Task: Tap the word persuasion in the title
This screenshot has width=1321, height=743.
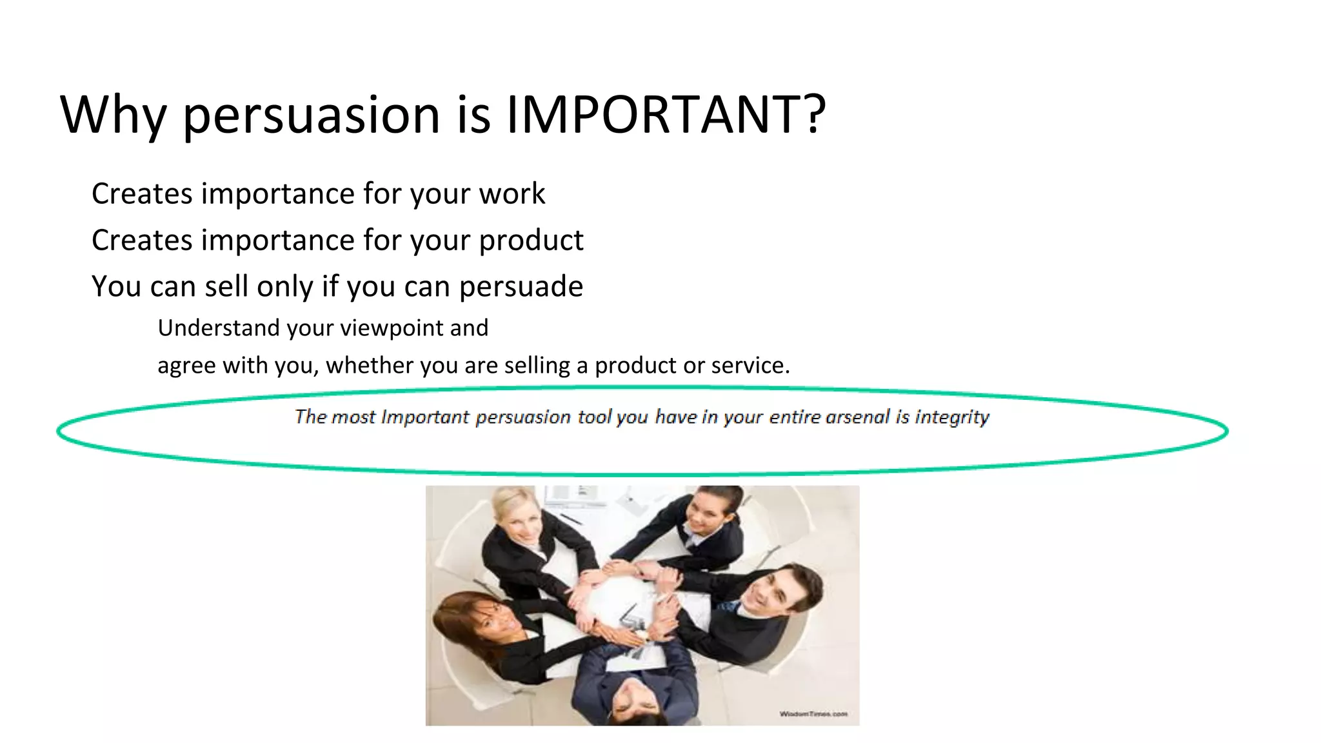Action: [312, 116]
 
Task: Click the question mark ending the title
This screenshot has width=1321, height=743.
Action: [815, 114]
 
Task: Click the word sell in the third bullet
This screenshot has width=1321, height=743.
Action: [226, 286]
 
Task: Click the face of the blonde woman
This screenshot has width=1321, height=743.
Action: [523, 526]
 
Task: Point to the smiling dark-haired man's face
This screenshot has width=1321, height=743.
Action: [772, 594]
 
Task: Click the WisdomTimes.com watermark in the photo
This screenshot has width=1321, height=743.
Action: [813, 714]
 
